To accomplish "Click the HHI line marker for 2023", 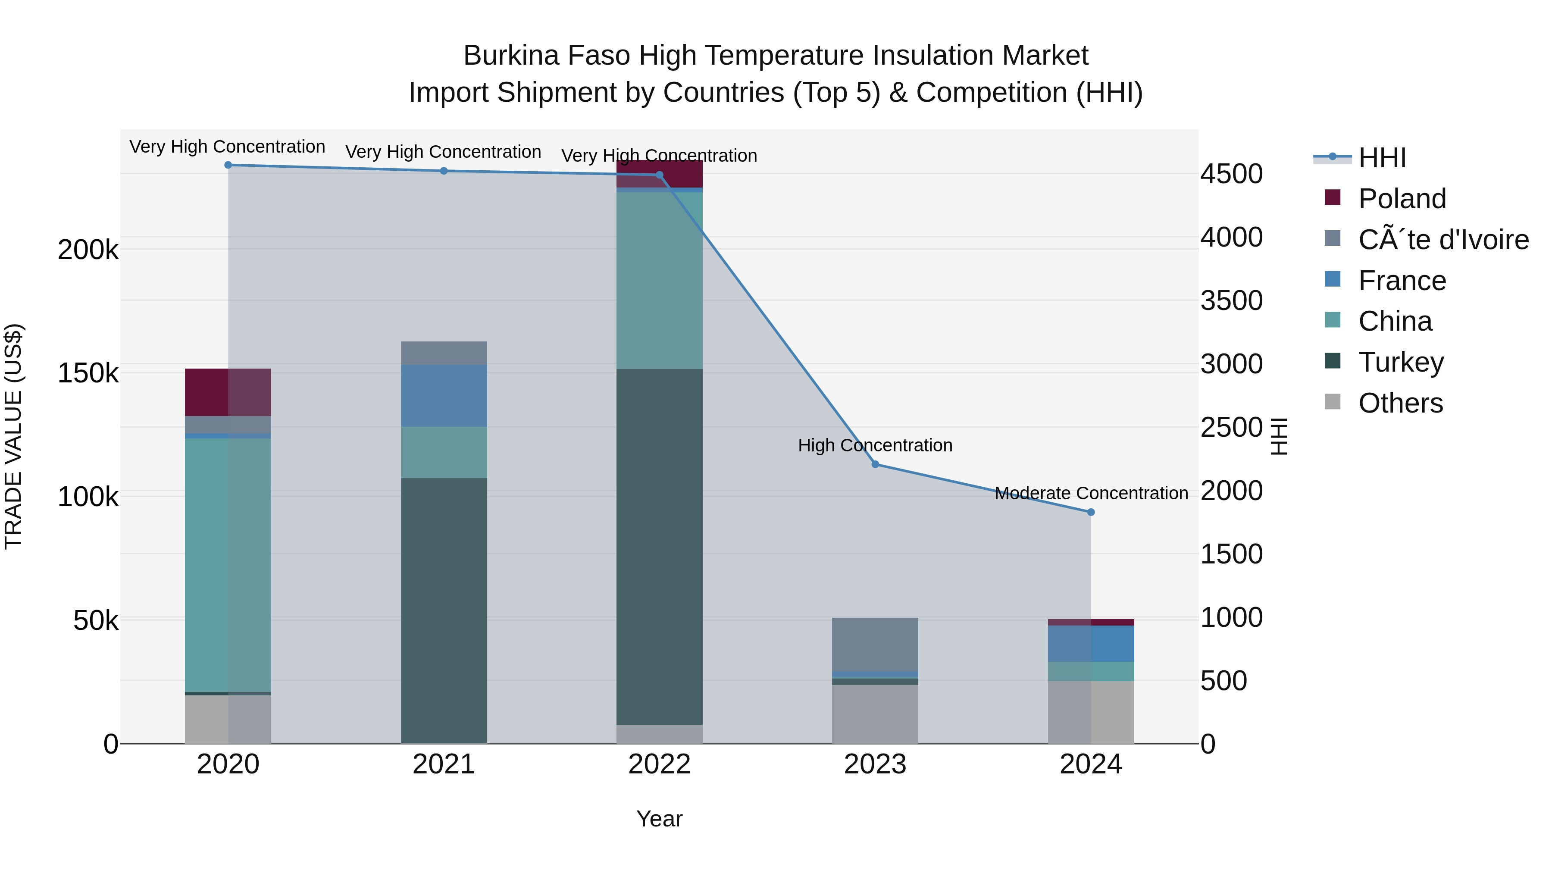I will coord(876,464).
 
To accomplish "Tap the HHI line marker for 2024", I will coord(1091,512).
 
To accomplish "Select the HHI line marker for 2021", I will coord(444,171).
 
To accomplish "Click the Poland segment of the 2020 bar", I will coord(228,392).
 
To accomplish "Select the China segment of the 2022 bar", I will coord(660,280).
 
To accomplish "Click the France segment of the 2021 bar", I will coord(444,395).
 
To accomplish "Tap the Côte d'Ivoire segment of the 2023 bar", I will coord(876,644).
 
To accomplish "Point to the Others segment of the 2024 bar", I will coord(1091,712).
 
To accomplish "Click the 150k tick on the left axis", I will coord(88,373).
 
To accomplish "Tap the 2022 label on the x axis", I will coord(660,764).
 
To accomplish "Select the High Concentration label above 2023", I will coord(876,445).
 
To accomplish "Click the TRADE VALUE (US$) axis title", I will coord(13,436).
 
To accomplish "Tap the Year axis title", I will coord(660,819).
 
